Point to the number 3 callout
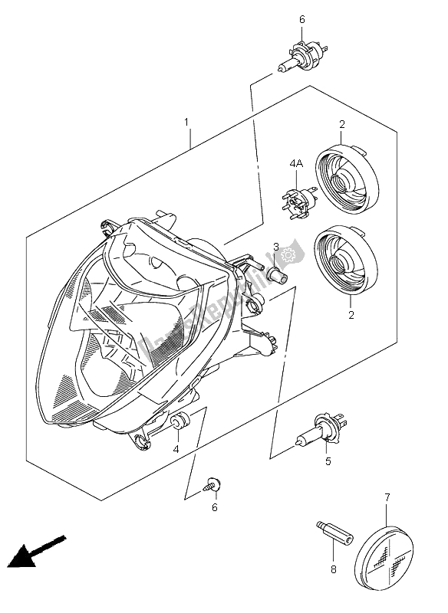click(x=275, y=246)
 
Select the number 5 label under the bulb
click(x=328, y=461)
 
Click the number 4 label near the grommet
click(x=176, y=449)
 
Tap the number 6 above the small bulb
click(x=301, y=19)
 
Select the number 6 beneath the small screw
click(x=216, y=507)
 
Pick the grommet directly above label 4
click(x=181, y=421)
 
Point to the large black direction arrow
click(x=33, y=552)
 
